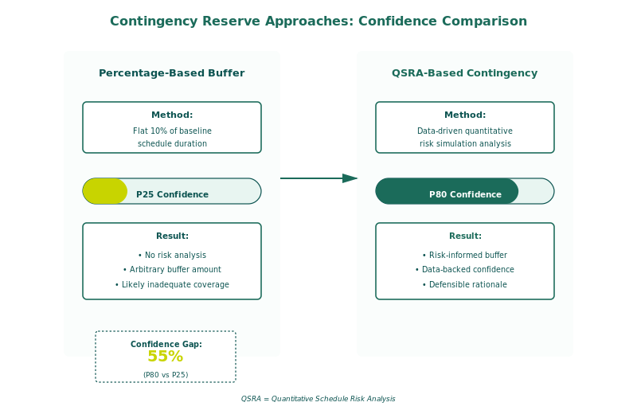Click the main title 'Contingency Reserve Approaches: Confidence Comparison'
pyautogui.click(x=318, y=21)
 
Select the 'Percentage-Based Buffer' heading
pyautogui.click(x=172, y=73)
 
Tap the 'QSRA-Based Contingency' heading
pyautogui.click(x=465, y=73)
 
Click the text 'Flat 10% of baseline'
pyautogui.click(x=172, y=131)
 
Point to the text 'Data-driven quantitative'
pyautogui.click(x=465, y=131)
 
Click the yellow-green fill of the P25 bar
pyautogui.click(x=104, y=191)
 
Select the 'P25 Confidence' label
pyautogui.click(x=172, y=194)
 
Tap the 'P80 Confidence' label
pyautogui.click(x=465, y=194)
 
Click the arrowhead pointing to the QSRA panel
pyautogui.click(x=350, y=178)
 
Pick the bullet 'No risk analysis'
pyautogui.click(x=172, y=255)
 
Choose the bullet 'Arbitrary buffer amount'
pyautogui.click(x=172, y=270)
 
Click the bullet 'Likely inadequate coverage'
pyautogui.click(x=172, y=284)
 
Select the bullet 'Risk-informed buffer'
pyautogui.click(x=465, y=255)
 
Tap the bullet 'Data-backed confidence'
pyautogui.click(x=465, y=270)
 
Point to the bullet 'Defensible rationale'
pyautogui.click(x=465, y=284)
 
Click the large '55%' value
pyautogui.click(x=166, y=357)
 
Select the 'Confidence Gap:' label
pyautogui.click(x=166, y=344)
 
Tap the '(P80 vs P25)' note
pyautogui.click(x=166, y=374)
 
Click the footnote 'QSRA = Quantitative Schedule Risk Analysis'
pyautogui.click(x=318, y=399)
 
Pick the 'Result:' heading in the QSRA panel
pyautogui.click(x=465, y=236)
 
